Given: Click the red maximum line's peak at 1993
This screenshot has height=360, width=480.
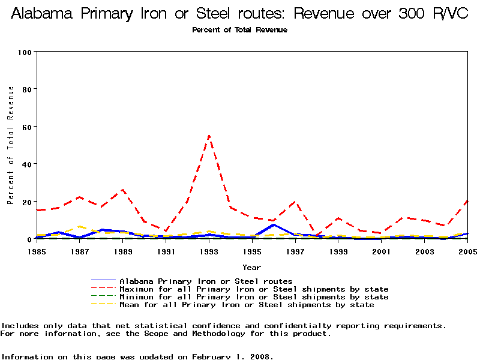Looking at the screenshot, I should point(209,136).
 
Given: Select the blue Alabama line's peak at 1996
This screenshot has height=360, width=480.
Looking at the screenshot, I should point(274,224).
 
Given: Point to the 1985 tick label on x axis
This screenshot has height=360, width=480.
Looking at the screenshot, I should point(37,251).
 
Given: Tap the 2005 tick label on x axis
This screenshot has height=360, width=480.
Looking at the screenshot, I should point(467,251).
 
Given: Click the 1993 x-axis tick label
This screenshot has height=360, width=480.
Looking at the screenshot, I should point(209,251).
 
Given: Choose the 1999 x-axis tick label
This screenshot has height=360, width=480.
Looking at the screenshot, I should point(338,251).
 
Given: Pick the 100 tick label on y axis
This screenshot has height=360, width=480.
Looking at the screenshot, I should point(25,52).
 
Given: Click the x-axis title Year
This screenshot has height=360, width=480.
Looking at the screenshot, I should point(251,267).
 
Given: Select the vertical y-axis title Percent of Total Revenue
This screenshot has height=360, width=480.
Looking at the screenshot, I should point(10,145).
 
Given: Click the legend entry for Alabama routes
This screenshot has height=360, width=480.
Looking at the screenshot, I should point(206,281).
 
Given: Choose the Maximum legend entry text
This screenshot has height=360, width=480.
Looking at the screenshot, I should point(254,289).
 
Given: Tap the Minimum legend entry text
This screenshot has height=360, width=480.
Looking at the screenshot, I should point(254,297).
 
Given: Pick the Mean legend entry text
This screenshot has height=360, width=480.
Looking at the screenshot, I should point(247,305).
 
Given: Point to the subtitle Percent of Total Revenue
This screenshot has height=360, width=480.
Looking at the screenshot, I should point(239,30).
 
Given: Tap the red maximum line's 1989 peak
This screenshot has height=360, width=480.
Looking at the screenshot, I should point(122,190).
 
